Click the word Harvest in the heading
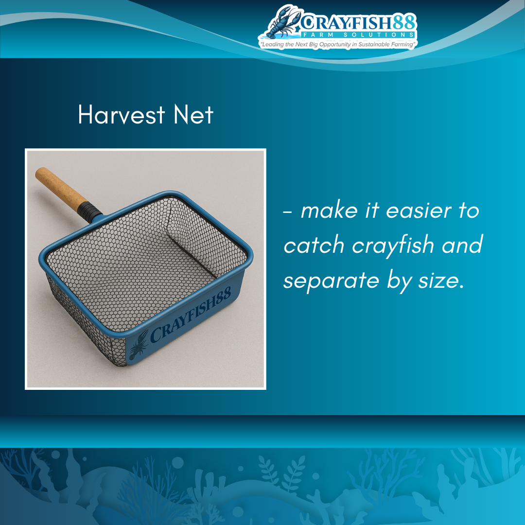[x=122, y=115]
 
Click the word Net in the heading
[x=193, y=115]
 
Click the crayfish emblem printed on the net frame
[x=138, y=345]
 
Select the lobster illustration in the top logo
[x=284, y=21]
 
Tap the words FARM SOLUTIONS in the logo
[x=358, y=35]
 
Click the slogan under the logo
[x=338, y=44]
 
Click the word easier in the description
[x=419, y=211]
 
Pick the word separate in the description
[x=332, y=281]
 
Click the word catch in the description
[x=314, y=245]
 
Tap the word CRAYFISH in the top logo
[x=346, y=23]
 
